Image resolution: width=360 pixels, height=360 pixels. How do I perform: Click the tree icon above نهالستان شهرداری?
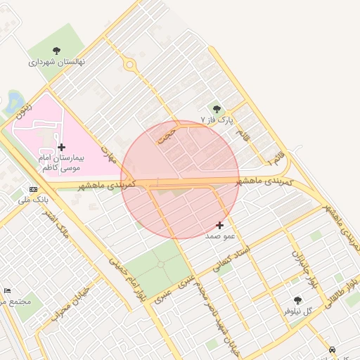[56, 51]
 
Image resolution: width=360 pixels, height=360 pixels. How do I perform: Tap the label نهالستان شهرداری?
[56, 62]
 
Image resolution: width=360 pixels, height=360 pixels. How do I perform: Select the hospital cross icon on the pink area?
[62, 147]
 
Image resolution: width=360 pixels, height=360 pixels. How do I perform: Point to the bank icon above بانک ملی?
[33, 189]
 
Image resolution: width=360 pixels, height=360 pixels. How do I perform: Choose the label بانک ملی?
[33, 200]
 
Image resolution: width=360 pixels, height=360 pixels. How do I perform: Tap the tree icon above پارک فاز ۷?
[217, 109]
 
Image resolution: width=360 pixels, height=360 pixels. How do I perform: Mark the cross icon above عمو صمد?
[220, 226]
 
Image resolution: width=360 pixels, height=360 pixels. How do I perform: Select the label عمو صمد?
[219, 236]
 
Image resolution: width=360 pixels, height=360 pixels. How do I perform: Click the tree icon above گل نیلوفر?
[297, 300]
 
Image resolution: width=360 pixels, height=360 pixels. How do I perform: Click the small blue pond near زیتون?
[14, 101]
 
